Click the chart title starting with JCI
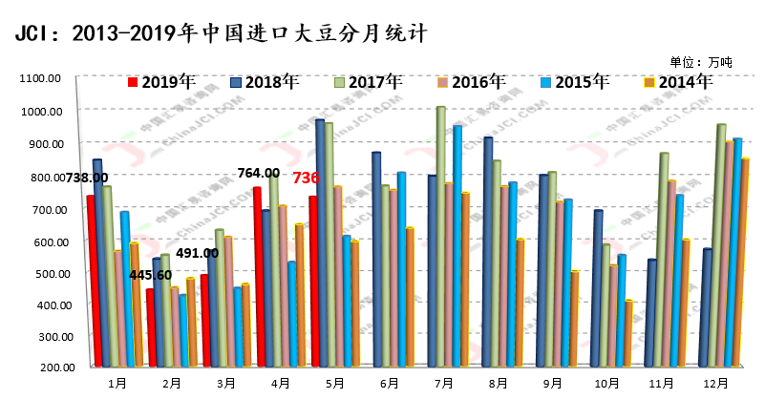[221, 32]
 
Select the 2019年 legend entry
[161, 81]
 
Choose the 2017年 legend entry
[368, 81]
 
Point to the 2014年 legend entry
[678, 81]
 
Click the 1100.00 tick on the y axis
[41, 78]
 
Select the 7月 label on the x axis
[443, 384]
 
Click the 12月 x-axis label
[715, 384]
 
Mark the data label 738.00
[85, 178]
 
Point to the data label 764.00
[258, 173]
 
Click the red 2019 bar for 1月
[91, 281]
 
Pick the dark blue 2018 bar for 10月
[598, 287]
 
